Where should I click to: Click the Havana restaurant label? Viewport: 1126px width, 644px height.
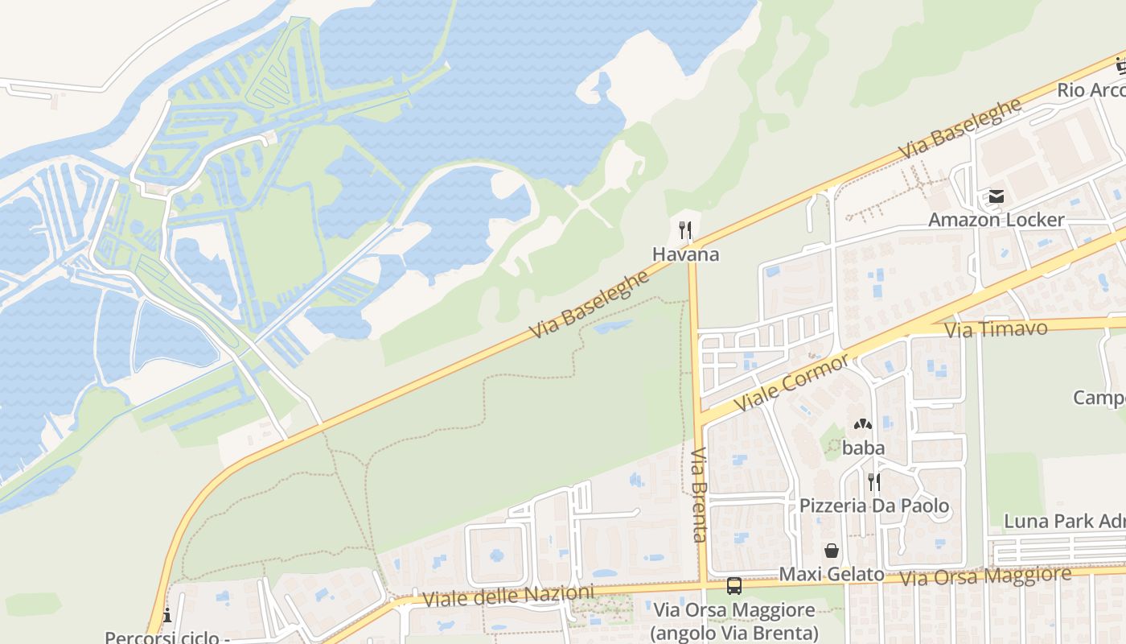click(685, 254)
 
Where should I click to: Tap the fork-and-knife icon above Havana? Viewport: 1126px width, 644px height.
click(685, 230)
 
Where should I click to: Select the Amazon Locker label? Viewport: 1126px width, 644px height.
click(997, 220)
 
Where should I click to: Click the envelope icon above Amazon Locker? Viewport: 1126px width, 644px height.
click(997, 196)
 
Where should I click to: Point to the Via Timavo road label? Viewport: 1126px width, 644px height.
click(996, 329)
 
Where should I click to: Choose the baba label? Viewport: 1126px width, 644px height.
click(863, 448)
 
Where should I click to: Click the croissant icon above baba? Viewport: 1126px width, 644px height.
click(863, 424)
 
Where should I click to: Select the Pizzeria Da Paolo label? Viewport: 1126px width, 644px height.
click(873, 506)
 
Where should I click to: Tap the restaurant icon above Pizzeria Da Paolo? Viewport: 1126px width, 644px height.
click(873, 482)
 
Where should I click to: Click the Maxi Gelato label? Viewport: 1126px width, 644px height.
click(832, 575)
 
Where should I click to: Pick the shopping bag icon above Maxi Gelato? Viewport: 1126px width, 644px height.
click(832, 551)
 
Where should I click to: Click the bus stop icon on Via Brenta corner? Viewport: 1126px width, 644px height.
click(734, 586)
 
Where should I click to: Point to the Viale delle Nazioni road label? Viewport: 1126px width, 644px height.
click(508, 597)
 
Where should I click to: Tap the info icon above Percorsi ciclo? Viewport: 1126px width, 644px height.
click(167, 616)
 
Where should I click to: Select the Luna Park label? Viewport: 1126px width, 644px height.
click(1064, 521)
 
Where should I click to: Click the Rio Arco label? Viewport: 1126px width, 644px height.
click(1091, 90)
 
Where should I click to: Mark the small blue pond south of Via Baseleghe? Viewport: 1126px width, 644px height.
click(613, 326)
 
